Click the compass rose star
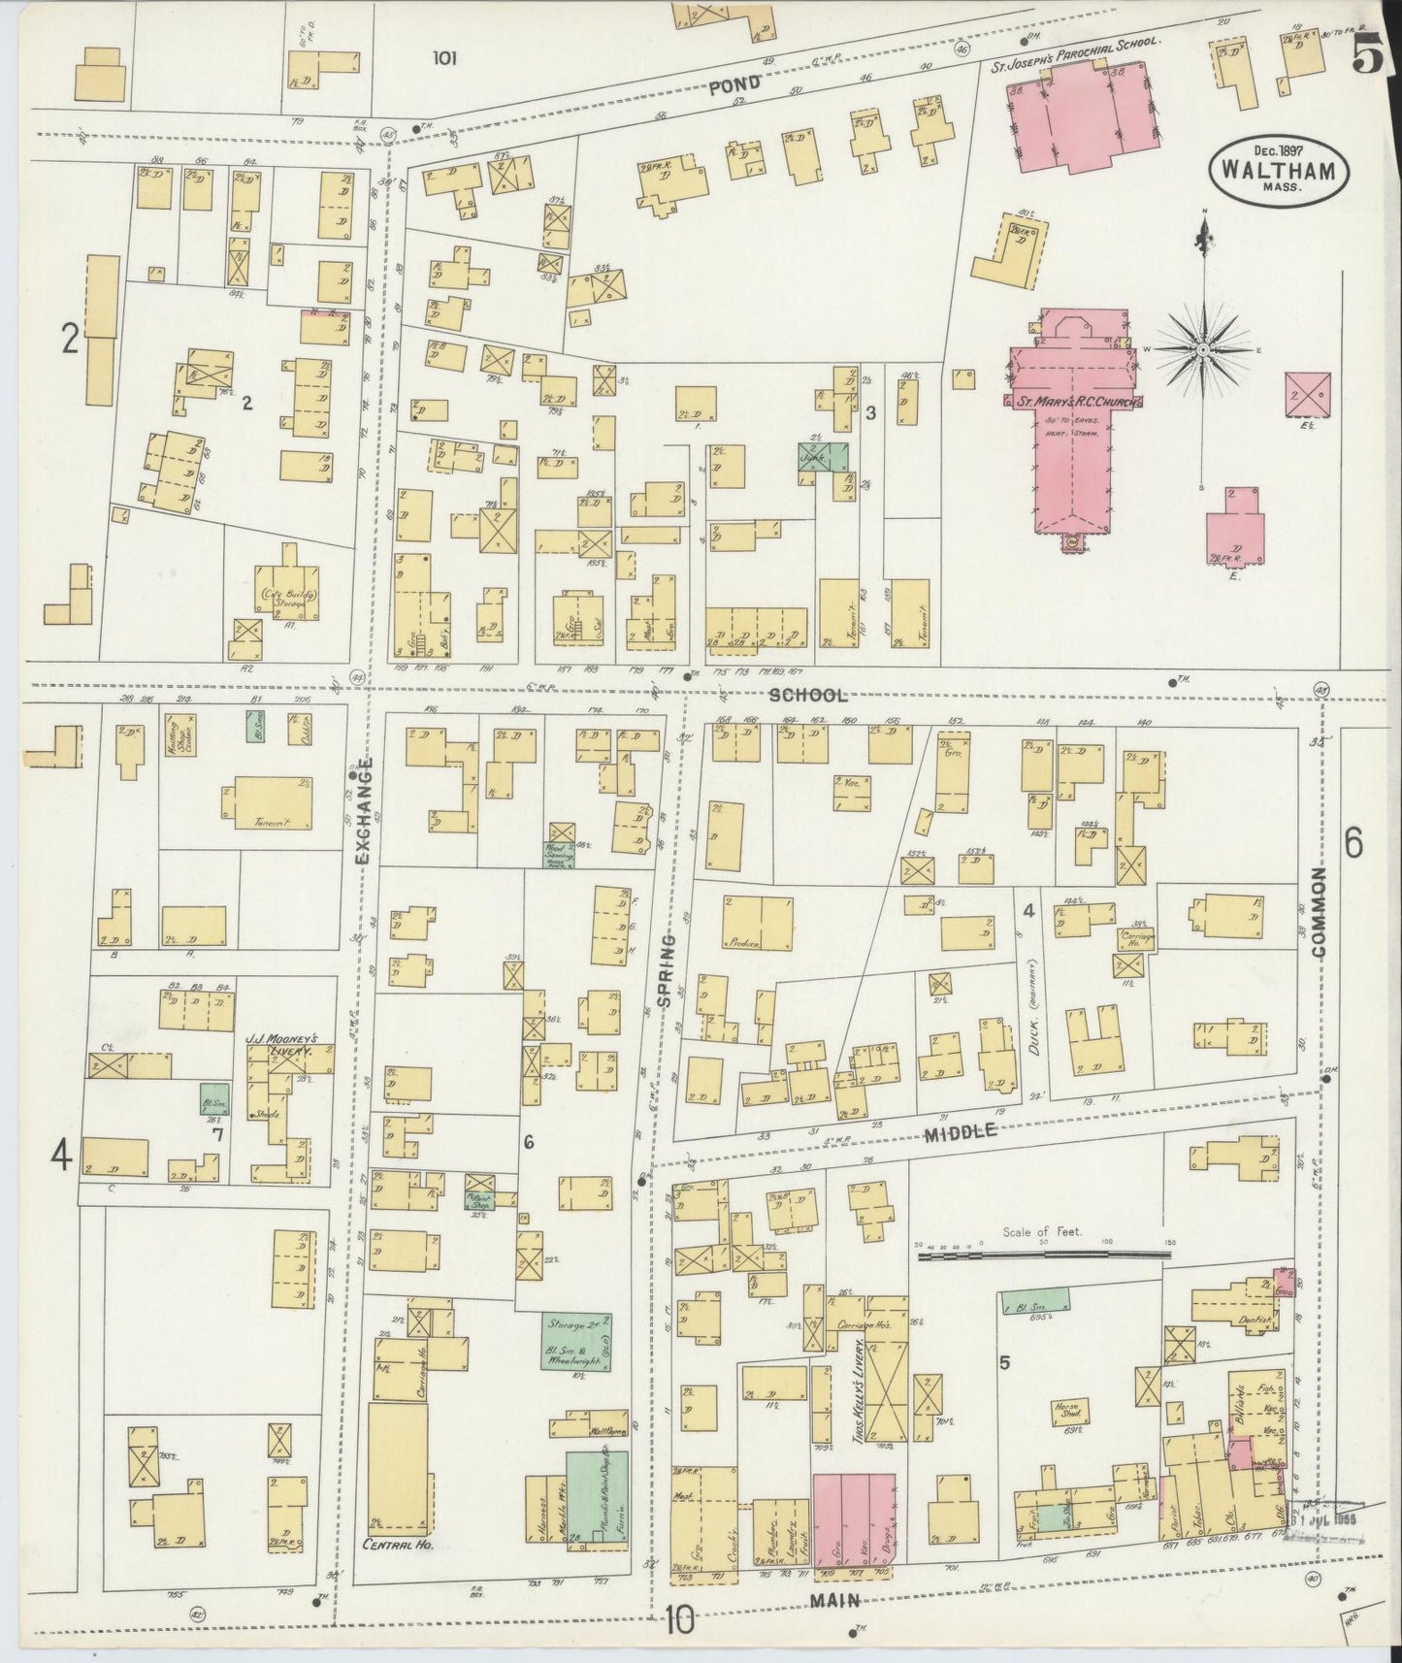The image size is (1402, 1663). [1203, 347]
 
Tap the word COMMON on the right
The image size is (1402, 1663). [1319, 912]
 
